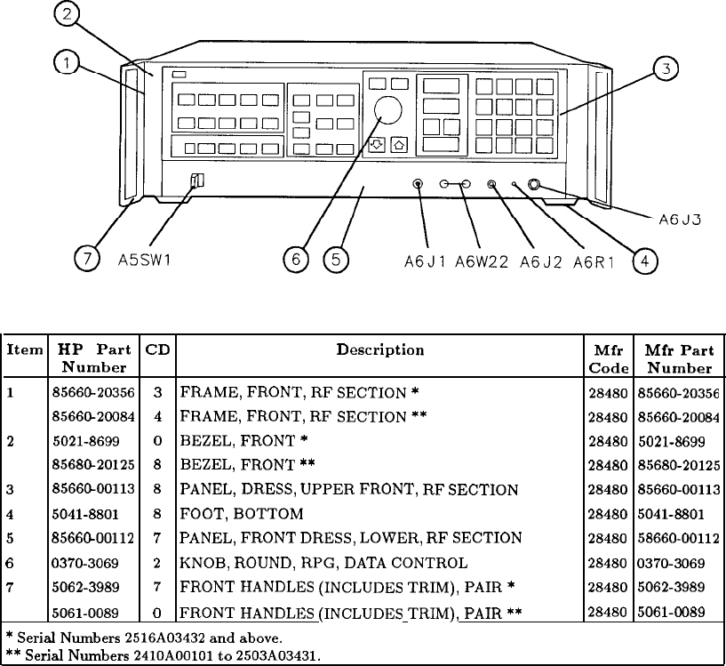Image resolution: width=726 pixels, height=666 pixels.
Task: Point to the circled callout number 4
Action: click(x=644, y=261)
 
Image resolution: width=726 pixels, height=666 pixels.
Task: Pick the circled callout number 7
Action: click(x=86, y=261)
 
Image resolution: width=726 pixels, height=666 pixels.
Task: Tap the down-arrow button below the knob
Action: click(x=377, y=145)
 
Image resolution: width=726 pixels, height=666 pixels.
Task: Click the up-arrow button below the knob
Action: click(x=399, y=145)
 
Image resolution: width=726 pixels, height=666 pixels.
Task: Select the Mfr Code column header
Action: click(x=608, y=359)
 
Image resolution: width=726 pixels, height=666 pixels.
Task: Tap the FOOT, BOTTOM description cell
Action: click(x=242, y=514)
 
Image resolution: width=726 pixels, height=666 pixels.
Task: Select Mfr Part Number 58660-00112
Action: click(x=680, y=538)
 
